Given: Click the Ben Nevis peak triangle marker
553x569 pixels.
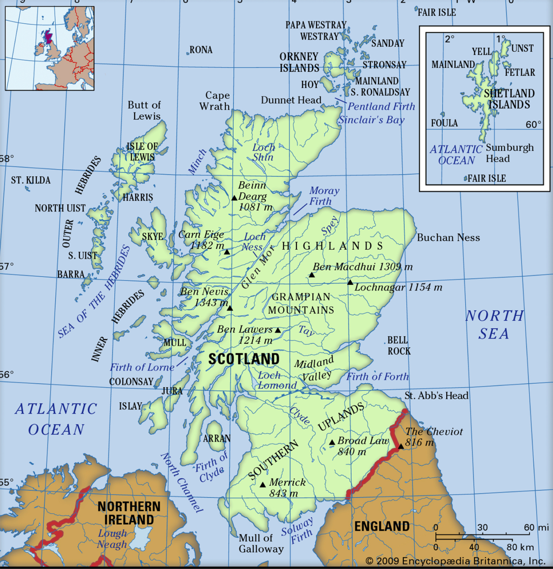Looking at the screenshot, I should (x=230, y=308).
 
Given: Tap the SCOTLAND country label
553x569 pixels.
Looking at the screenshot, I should (x=244, y=359).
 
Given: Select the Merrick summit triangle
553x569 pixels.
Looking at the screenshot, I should (x=263, y=485).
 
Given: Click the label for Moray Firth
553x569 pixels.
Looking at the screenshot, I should (x=324, y=196).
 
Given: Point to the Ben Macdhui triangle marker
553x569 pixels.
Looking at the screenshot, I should (x=312, y=275).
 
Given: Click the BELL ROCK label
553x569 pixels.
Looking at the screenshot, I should (x=398, y=345).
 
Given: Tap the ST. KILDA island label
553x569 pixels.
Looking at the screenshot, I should (x=31, y=180).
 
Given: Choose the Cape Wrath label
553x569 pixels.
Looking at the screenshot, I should (x=215, y=101).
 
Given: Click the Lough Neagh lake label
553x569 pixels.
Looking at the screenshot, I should (x=112, y=539).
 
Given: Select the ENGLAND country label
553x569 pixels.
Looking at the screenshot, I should (x=382, y=526).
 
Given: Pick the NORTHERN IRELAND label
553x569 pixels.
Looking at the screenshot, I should (x=129, y=513).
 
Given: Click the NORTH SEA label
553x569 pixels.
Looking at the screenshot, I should (x=494, y=324).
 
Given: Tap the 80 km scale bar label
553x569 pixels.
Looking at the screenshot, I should (x=520, y=547).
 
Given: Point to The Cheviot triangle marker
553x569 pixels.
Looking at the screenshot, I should (x=401, y=446).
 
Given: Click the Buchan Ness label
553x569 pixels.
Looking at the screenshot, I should (x=448, y=237).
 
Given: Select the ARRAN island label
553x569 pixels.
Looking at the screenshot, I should (x=217, y=439).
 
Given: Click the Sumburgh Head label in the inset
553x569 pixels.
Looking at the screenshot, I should (x=509, y=153).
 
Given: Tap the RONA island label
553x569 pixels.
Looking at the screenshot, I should (x=201, y=50).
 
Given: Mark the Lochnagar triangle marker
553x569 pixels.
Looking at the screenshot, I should (x=350, y=282).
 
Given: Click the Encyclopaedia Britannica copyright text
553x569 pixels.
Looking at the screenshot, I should (x=456, y=561).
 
